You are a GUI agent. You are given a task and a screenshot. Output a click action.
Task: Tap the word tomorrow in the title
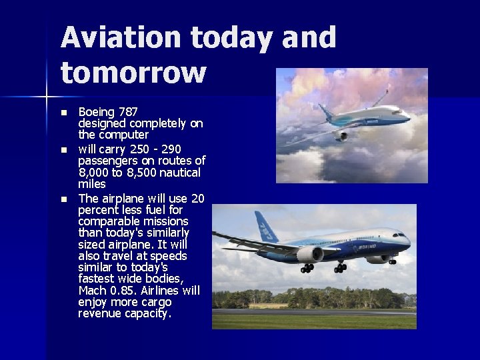click(133, 73)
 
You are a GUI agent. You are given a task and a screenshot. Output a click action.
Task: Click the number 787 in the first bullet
click(126, 111)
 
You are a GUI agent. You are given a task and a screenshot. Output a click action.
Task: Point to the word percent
click(100, 210)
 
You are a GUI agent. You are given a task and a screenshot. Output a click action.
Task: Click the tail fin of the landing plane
click(266, 227)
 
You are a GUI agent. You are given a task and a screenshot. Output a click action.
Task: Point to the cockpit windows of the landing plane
click(400, 235)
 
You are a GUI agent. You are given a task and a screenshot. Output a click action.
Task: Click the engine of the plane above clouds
click(340, 135)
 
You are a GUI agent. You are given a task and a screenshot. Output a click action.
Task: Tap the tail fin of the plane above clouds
click(325, 110)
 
